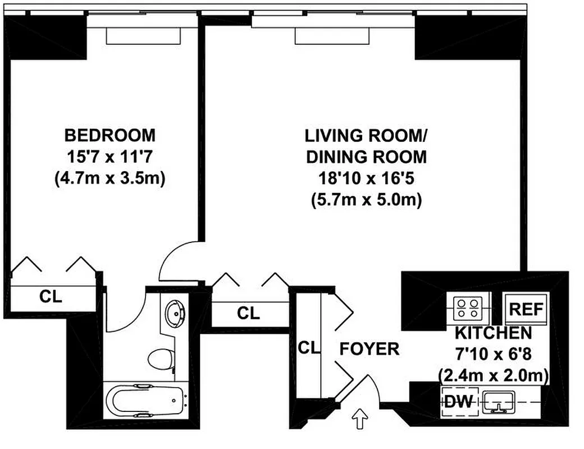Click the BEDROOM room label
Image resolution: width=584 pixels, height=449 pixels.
pyautogui.click(x=109, y=135)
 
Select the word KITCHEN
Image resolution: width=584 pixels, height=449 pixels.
pyautogui.click(x=493, y=332)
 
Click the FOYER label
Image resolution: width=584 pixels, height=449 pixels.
pyautogui.click(x=369, y=349)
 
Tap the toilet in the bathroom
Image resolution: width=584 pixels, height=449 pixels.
pyautogui.click(x=163, y=358)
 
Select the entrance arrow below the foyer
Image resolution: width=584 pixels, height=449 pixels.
pyautogui.click(x=358, y=418)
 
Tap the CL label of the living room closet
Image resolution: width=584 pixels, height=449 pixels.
pyautogui.click(x=248, y=313)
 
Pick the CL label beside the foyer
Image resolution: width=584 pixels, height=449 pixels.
pyautogui.click(x=308, y=348)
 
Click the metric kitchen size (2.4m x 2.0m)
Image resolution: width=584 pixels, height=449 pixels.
pyautogui.click(x=493, y=374)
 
